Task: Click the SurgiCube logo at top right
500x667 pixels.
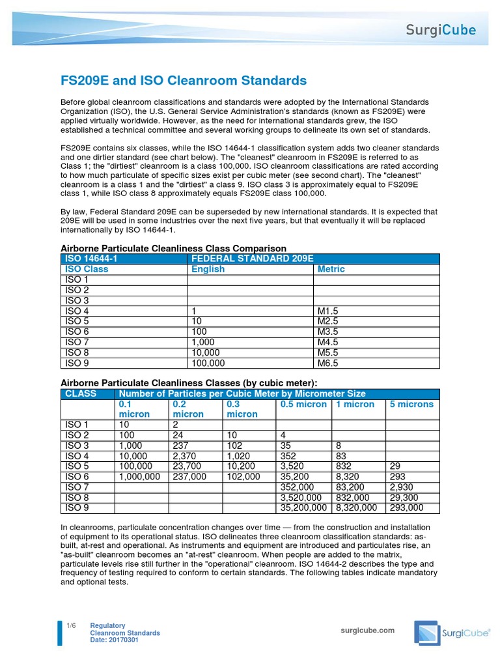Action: [x=441, y=29]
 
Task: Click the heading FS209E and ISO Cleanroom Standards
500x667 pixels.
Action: [x=183, y=81]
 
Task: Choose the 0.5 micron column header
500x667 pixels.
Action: [x=303, y=404]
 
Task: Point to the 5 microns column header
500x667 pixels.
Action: [x=411, y=404]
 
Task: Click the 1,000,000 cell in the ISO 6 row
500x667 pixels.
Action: [x=139, y=476]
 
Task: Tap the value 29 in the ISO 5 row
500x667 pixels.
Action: [x=395, y=466]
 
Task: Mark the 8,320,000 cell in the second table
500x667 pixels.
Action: [x=357, y=507]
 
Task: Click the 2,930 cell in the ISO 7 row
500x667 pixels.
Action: [x=402, y=487]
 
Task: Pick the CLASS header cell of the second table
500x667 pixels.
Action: [x=81, y=393]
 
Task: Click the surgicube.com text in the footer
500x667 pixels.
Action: [x=368, y=631]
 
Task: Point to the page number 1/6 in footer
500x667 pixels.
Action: [x=71, y=626]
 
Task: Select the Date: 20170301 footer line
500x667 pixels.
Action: [x=114, y=640]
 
